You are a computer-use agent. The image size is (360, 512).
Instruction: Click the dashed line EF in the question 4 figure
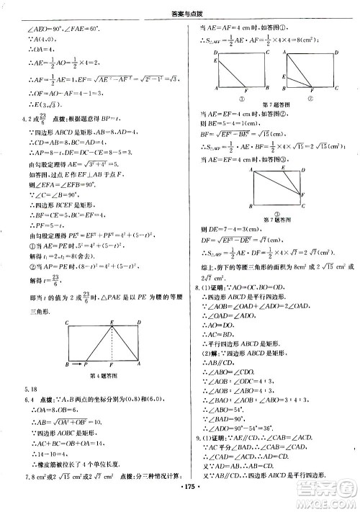click(x=111, y=343)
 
